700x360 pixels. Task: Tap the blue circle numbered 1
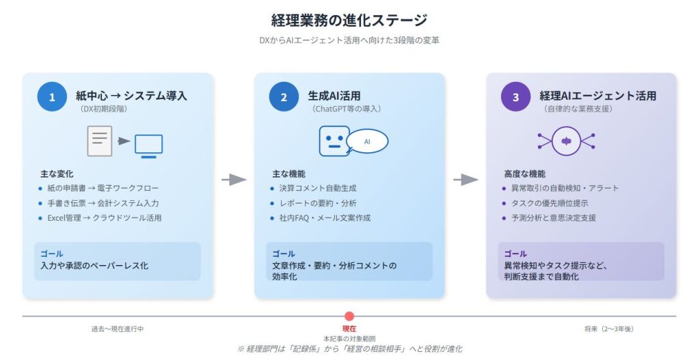point(51,97)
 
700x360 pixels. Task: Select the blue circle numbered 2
point(283,97)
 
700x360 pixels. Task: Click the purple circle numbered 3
point(515,97)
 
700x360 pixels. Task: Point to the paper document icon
point(99,141)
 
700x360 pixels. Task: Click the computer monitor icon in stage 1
point(148,144)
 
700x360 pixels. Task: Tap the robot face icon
point(334,141)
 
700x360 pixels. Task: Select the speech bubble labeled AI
point(367,141)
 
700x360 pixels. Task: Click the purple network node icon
point(566,141)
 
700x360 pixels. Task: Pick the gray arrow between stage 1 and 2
point(234,180)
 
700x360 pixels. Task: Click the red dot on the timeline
point(349,316)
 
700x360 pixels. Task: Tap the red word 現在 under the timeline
point(349,329)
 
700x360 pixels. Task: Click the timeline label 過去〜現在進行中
point(118,329)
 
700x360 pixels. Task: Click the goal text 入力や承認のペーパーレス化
point(94,265)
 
